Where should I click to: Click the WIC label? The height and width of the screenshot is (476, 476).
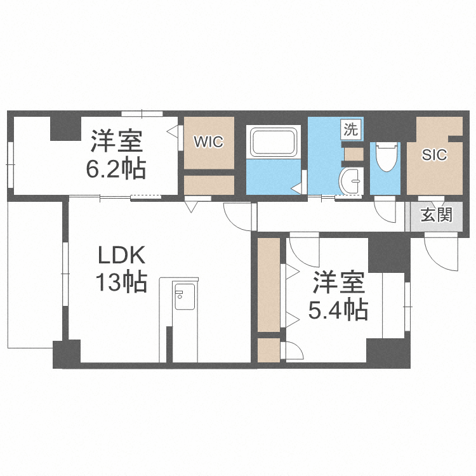[209, 142]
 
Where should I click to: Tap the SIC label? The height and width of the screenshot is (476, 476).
[435, 154]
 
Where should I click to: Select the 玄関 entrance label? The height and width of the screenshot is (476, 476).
[436, 215]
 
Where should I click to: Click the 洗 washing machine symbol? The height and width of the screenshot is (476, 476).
[351, 130]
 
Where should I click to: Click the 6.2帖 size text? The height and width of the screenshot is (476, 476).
[116, 168]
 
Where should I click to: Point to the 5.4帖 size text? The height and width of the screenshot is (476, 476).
[338, 310]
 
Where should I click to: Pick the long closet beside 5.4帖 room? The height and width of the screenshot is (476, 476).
[269, 284]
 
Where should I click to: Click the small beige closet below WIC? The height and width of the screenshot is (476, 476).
[209, 184]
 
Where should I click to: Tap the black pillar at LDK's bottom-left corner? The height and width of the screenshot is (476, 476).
[66, 354]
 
